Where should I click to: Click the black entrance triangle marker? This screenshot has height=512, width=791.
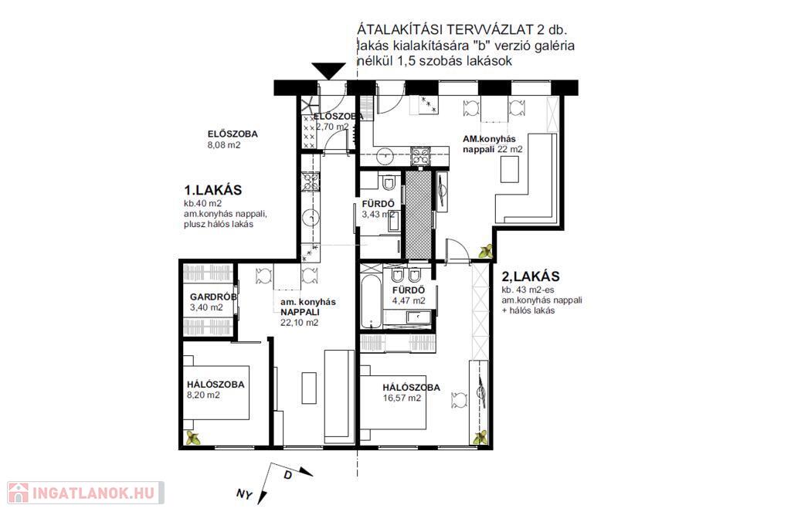coord(328,70)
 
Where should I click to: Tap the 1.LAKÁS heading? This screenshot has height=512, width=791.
coord(213,190)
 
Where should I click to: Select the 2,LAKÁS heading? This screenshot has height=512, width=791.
coord(531,276)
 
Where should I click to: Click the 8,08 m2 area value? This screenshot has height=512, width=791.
coord(224,145)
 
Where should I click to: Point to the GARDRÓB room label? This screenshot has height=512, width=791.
coord(213,297)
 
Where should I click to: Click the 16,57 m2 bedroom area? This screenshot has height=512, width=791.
coord(402,398)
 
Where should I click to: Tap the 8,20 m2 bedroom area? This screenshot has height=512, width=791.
coord(203,395)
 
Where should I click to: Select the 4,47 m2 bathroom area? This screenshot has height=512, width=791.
coord(409,301)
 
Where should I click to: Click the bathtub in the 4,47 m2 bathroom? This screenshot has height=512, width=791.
coord(371,301)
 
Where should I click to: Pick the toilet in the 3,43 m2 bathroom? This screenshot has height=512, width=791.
coord(389,182)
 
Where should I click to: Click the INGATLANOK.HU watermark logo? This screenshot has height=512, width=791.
coord(85,493)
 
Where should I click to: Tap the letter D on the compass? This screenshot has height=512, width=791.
coord(287,475)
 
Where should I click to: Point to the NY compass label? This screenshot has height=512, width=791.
coord(244,493)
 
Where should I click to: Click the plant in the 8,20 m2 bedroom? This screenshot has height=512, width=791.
coord(192,438)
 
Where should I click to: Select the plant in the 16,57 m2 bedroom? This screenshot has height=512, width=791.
coord(480,437)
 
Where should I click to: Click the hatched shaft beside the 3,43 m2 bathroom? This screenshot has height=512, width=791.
coord(418,215)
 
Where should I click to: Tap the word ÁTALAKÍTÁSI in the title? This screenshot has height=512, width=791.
coord(399,29)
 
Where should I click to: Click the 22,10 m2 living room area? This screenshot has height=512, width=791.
coord(300,323)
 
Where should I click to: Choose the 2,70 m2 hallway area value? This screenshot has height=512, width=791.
coord(332,127)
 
